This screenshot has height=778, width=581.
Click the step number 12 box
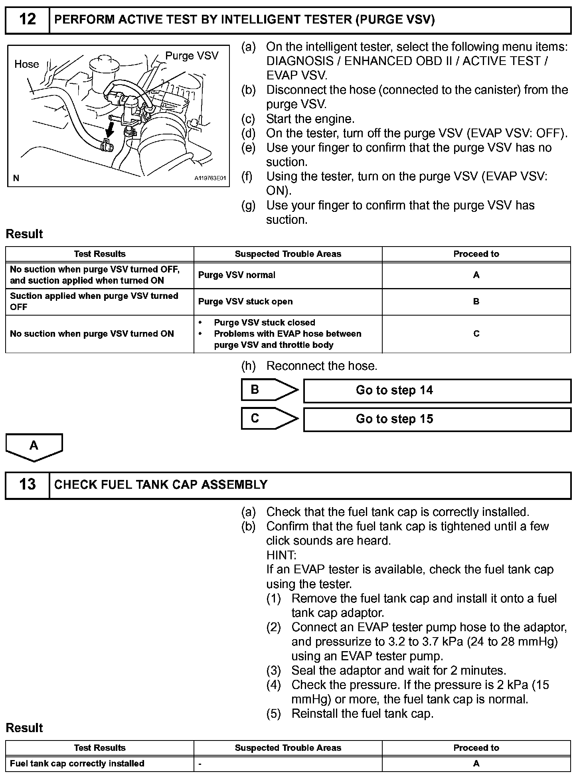[x=27, y=20]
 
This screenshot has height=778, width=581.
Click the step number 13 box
[x=27, y=485]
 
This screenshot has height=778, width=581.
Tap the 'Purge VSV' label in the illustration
[x=192, y=56]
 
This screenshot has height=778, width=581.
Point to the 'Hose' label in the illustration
[x=27, y=64]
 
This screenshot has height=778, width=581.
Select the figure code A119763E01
[x=210, y=178]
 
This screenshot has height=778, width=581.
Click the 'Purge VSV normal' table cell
[x=237, y=275]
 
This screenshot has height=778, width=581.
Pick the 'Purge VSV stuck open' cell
[x=245, y=302]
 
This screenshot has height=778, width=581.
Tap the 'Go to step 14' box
[x=437, y=391]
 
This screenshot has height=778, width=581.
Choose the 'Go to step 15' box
[x=437, y=419]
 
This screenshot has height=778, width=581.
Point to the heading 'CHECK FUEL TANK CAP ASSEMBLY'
[x=161, y=485]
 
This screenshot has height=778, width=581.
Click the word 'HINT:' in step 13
[x=281, y=555]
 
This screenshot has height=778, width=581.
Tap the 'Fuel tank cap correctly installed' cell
[x=77, y=764]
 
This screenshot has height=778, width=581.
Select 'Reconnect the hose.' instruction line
[x=322, y=366]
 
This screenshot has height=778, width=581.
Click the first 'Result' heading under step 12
[x=24, y=234]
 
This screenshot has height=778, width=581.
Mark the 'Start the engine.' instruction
[x=310, y=119]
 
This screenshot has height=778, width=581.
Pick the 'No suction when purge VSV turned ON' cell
[x=92, y=334]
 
